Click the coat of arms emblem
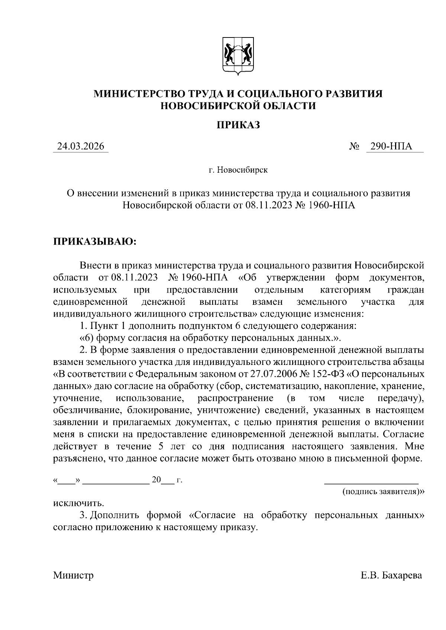pos(238,55)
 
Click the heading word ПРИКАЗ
pos(238,125)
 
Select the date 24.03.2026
pos(80,147)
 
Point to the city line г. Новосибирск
pos(238,170)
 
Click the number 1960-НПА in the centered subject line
pos(332,205)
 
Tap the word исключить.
pos(78,504)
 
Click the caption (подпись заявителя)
pos(383,492)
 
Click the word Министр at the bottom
pos(74,576)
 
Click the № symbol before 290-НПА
pos(354,147)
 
